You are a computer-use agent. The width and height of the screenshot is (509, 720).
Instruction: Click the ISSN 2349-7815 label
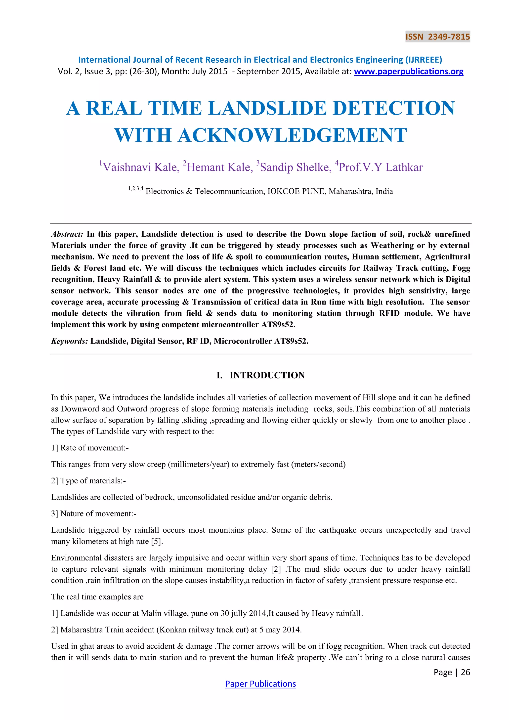pos(437,37)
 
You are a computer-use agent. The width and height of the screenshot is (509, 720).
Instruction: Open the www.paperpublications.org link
pos(408,72)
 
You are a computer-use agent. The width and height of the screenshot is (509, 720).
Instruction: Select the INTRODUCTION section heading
pos(267,375)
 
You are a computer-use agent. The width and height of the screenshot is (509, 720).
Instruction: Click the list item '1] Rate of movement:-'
pos(90,448)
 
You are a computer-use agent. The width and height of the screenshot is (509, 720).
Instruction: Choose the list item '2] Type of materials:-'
pos(88,481)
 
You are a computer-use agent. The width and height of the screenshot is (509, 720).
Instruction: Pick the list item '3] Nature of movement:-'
pos(93,514)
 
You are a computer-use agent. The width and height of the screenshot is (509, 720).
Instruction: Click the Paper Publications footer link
pos(260,684)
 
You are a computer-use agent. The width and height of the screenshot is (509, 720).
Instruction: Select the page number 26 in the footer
pos(466,672)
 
